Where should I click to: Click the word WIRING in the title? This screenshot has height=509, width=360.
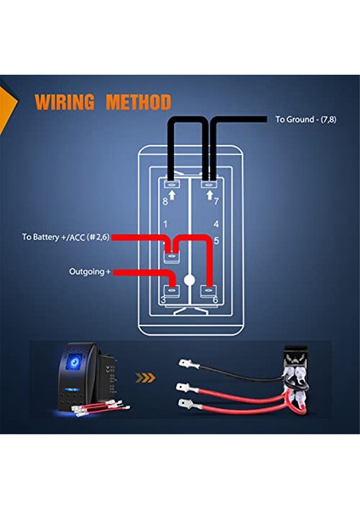tap(65, 103)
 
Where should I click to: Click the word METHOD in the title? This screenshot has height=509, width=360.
tap(138, 103)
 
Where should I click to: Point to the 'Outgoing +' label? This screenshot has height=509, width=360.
tap(90, 271)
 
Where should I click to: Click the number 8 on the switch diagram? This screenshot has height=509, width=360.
tap(166, 202)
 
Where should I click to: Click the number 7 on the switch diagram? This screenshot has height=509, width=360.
tap(217, 202)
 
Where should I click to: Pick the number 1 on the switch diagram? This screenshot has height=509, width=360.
tap(166, 224)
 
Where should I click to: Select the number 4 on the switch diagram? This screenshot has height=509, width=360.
tap(217, 224)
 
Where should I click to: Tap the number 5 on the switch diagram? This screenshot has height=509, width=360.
tap(217, 240)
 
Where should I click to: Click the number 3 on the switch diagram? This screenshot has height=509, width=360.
tap(165, 300)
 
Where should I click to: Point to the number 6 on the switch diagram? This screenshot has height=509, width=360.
tap(217, 300)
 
